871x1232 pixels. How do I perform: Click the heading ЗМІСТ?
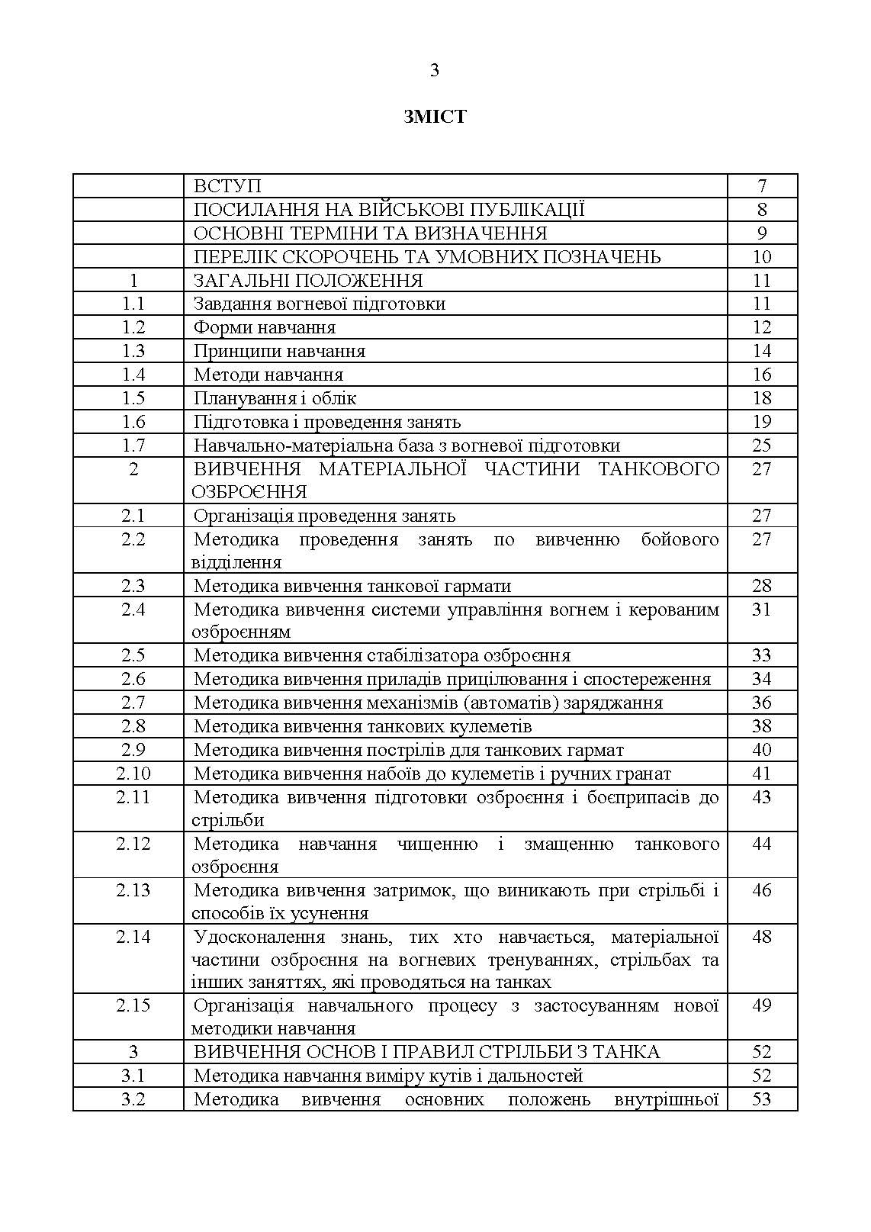(435, 117)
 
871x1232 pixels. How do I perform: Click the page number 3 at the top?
(435, 70)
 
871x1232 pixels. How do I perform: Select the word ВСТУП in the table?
(227, 186)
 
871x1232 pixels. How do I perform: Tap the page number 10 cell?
(761, 257)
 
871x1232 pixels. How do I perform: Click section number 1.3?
(133, 351)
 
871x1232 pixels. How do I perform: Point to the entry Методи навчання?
(268, 375)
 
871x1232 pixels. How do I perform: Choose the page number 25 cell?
(761, 446)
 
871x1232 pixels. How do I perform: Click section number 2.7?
(133, 703)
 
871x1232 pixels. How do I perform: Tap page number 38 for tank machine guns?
(761, 726)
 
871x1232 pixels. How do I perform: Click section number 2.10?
(133, 774)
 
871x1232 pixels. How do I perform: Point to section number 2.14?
(133, 937)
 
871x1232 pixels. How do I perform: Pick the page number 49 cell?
(761, 1005)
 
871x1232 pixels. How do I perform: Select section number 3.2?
(133, 1099)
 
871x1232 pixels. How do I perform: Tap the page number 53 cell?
(761, 1099)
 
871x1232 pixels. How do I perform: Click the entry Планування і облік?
(275, 398)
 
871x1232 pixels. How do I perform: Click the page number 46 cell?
(761, 890)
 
